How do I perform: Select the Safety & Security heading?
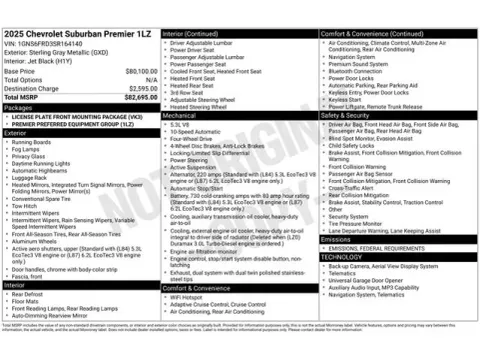click(349, 115)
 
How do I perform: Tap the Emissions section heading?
click(337, 240)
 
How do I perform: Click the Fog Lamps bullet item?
click(29, 149)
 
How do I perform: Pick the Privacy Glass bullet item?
click(31, 156)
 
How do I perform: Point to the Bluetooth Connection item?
click(361, 71)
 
